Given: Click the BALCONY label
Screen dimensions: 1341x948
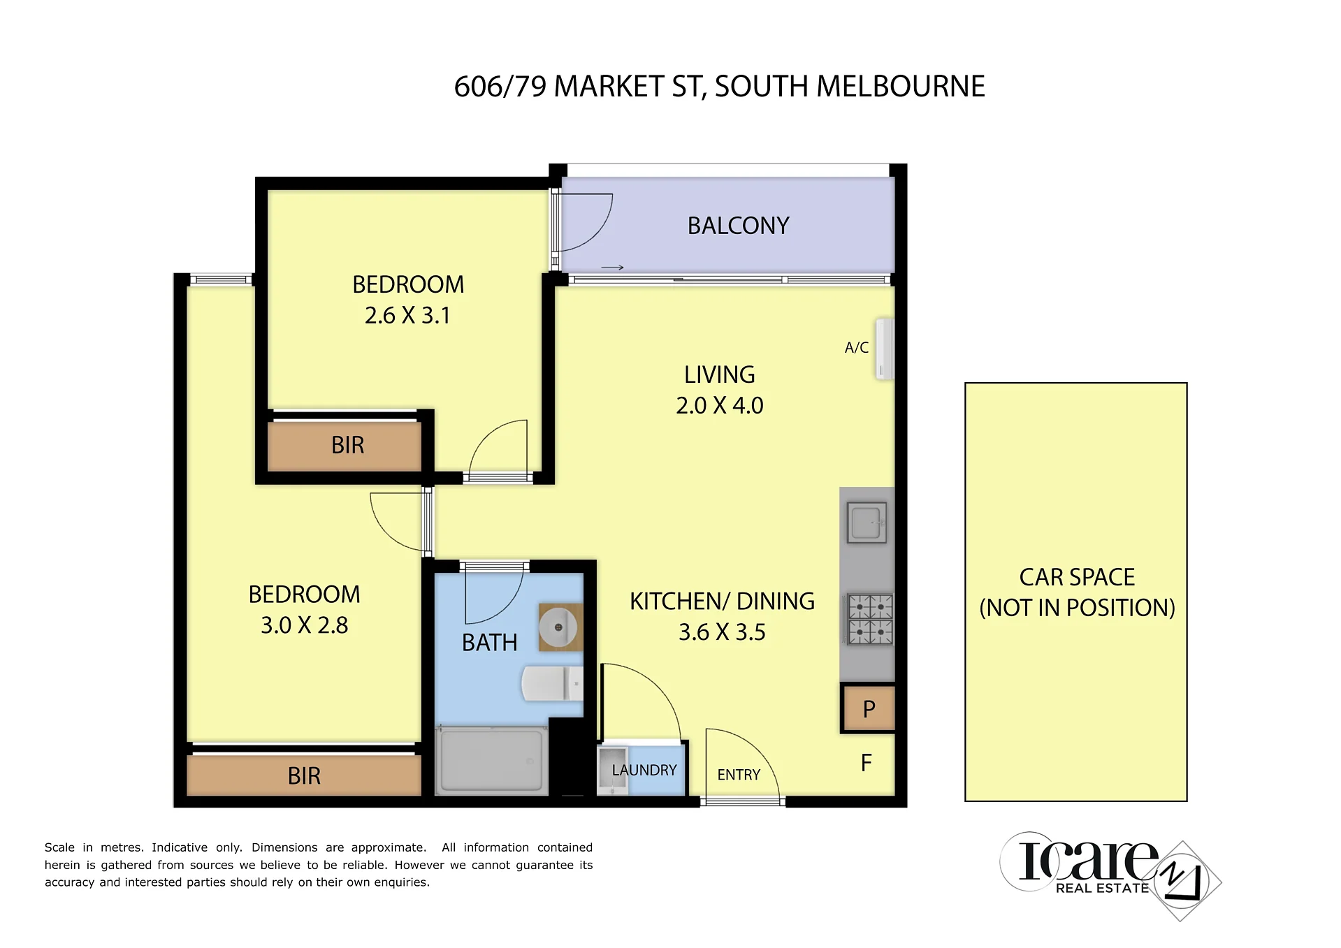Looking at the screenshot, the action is pos(738,226).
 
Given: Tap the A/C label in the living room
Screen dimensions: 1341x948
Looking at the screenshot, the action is pos(856,347).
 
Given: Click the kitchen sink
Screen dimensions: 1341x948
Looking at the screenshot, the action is pos(867,523).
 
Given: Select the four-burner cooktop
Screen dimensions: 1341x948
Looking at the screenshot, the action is pos(870,618).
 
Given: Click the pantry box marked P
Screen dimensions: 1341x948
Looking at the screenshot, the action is pos(868,709).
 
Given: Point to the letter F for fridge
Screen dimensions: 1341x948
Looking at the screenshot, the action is pos(867,763).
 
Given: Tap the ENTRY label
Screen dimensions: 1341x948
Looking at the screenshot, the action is pos(739,775).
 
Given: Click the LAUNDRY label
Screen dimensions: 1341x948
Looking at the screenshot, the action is pos(644,770).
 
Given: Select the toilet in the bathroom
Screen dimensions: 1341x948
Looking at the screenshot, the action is pos(552,683).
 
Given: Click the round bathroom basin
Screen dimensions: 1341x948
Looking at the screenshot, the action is pos(558,627).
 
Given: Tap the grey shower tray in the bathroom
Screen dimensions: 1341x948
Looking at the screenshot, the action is pos(491,759).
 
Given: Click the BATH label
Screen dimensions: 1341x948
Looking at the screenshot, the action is pos(490,643).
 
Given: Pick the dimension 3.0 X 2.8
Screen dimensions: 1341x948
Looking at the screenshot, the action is pos(304,625).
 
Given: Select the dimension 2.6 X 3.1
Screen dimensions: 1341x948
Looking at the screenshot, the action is pos(407,316).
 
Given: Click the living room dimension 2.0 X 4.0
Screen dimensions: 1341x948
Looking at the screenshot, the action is pos(720,405).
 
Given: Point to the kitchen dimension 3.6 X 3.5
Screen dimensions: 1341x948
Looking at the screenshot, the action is pos(722,632).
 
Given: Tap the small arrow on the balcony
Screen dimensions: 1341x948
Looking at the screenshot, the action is pos(612,268).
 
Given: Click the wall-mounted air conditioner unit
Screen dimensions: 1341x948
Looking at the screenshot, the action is pos(885,349).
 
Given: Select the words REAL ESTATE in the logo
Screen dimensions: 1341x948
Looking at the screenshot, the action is pos(1102,888).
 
